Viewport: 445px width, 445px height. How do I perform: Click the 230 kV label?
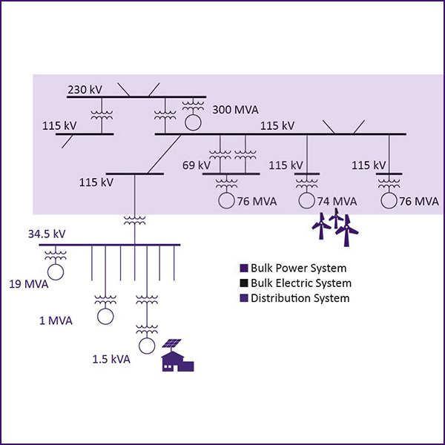pyautogui.click(x=85, y=90)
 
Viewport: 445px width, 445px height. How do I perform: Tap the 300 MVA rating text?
pyautogui.click(x=235, y=110)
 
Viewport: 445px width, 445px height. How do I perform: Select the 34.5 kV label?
pyautogui.click(x=47, y=234)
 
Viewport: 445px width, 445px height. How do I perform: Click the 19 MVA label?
pyautogui.click(x=27, y=283)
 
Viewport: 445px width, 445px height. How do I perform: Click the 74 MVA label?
pyautogui.click(x=337, y=201)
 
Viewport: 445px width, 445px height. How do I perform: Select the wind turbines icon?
pyautogui.click(x=337, y=226)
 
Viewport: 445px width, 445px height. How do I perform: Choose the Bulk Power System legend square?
pyautogui.click(x=243, y=268)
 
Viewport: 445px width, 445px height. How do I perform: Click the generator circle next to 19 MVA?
pyautogui.click(x=56, y=271)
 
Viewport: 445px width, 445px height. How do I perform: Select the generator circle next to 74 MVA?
pyautogui.click(x=306, y=200)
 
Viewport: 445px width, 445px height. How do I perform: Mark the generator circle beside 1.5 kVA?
pyautogui.click(x=146, y=346)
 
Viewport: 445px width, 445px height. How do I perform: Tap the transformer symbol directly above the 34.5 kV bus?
pyautogui.click(x=134, y=220)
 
